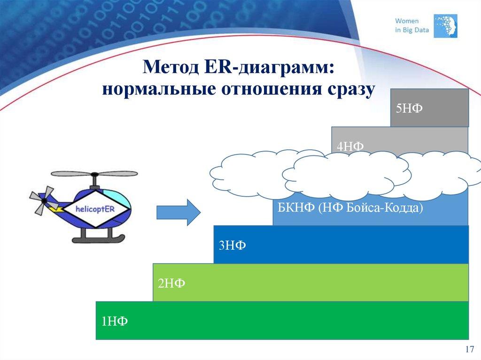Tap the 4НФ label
coord(350,146)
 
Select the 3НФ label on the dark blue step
coord(232,245)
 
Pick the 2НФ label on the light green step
coord(171,283)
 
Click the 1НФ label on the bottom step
coord(115,321)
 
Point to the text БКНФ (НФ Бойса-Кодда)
coord(350,207)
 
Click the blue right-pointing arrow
coord(178,212)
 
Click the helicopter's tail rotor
coord(41,199)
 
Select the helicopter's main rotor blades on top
coord(94,174)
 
